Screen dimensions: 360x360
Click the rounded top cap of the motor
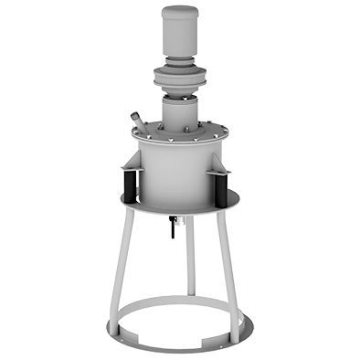180,13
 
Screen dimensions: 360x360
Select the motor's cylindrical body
180,41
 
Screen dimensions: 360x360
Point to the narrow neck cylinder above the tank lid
180,112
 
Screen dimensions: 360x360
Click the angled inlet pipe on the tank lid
138,122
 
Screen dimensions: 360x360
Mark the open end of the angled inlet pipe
133,115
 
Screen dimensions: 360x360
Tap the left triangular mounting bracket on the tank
131,164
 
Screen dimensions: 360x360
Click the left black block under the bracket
131,187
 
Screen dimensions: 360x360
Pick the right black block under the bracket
220,188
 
